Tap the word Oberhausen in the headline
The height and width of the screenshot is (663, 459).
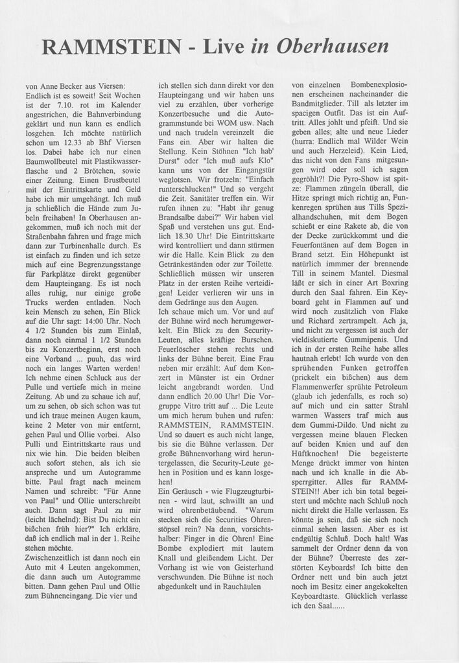point(333,47)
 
